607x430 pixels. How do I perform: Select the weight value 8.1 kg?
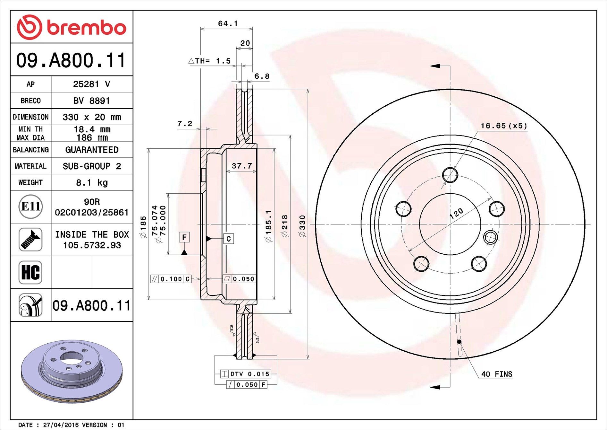(x=92, y=183)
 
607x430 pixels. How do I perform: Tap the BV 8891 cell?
(x=92, y=101)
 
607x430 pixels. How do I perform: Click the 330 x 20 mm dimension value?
(x=92, y=117)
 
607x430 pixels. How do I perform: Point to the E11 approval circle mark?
(x=30, y=206)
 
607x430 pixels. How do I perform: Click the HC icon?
(x=30, y=273)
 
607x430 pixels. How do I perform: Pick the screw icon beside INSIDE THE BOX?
(x=30, y=240)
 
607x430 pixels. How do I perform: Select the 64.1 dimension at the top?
(x=228, y=23)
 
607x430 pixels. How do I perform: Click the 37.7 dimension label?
(x=242, y=166)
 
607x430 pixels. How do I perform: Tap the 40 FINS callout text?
(x=497, y=374)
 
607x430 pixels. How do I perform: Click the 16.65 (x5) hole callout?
(x=504, y=126)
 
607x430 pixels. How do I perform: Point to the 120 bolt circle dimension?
(x=456, y=213)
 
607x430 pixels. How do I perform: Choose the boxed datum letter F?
(x=184, y=237)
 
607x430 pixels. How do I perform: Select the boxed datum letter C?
(x=228, y=239)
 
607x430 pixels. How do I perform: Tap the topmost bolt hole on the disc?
(x=450, y=175)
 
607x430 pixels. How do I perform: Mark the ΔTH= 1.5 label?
(x=209, y=61)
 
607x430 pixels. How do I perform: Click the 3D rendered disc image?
(x=72, y=372)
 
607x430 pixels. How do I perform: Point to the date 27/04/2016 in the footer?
(x=61, y=425)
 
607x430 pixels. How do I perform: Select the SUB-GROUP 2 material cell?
(x=92, y=166)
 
